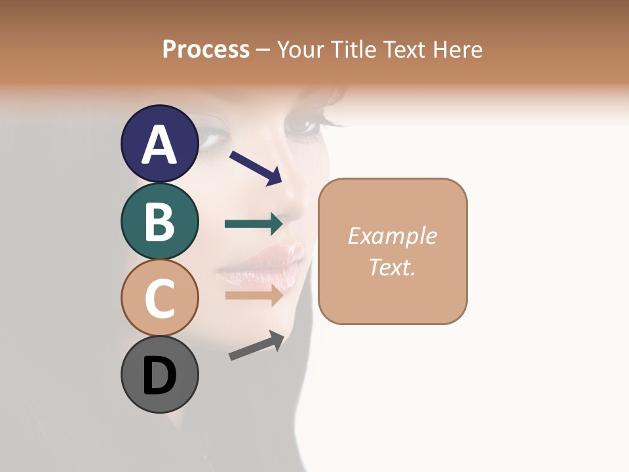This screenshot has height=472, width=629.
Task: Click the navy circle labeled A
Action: click(159, 144)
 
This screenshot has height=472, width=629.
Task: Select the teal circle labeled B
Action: click(159, 221)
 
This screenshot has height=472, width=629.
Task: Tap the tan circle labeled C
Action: click(159, 298)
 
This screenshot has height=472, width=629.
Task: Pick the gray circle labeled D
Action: click(159, 374)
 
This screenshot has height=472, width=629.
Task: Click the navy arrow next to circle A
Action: click(256, 168)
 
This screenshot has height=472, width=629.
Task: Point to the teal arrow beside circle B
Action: click(254, 224)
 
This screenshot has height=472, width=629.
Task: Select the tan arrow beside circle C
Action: click(254, 295)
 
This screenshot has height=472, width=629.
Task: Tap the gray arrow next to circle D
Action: click(256, 345)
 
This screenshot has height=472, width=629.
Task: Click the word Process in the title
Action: click(206, 49)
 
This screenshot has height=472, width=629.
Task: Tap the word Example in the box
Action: click(392, 236)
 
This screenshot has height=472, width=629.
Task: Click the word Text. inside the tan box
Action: click(392, 267)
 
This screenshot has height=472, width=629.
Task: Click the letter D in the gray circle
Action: click(159, 376)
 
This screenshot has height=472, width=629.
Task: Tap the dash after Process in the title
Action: click(263, 50)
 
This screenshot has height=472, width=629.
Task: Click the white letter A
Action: click(159, 145)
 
